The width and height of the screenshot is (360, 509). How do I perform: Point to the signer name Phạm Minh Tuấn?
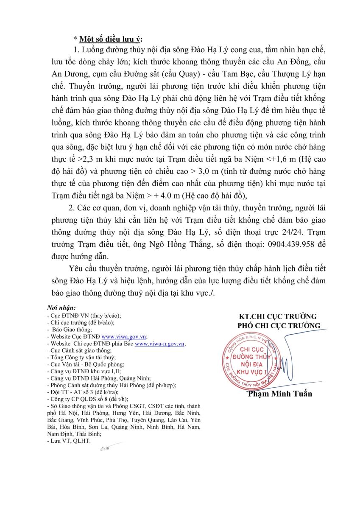[280, 394]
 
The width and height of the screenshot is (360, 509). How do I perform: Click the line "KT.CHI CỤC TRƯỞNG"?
[278, 316]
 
